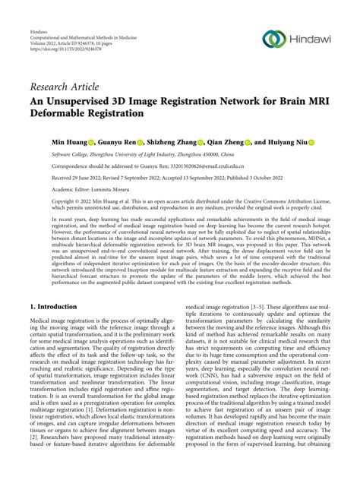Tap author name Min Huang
tap(67, 142)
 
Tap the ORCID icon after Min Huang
tap(90, 142)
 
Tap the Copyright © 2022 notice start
tap(68, 201)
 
